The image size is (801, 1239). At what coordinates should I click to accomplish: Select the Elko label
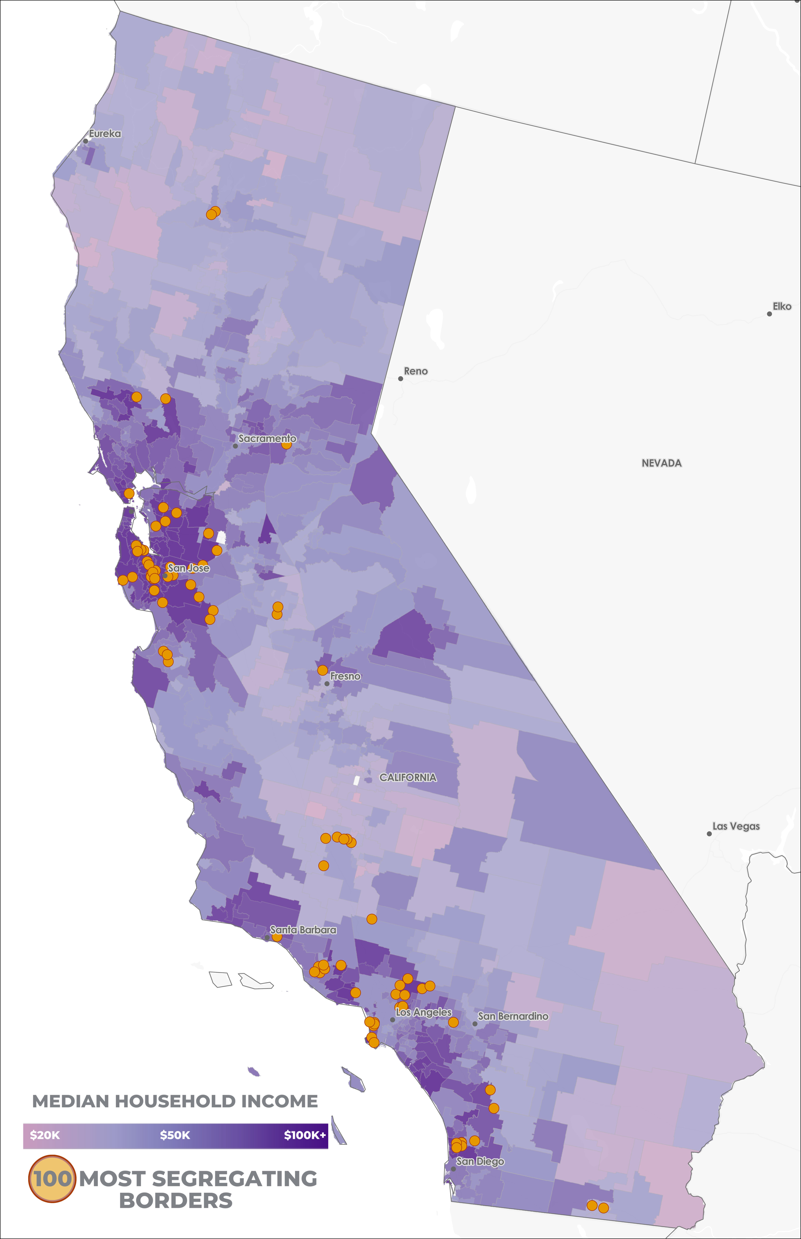782,307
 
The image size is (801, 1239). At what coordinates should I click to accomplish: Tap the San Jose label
188,568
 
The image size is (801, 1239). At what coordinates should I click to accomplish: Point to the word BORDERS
176,1201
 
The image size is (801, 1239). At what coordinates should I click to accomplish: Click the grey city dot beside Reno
401,378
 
